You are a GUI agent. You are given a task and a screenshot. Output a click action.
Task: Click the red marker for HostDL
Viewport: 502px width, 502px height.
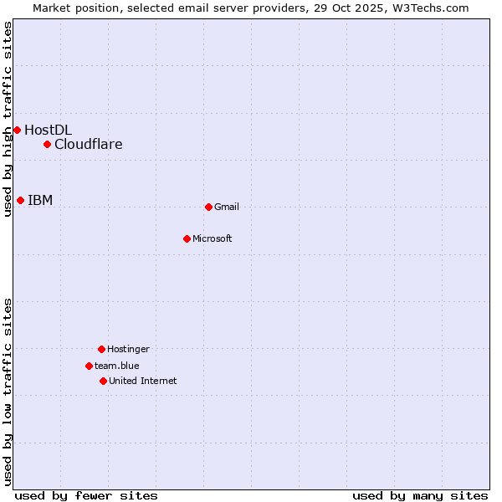[17, 130]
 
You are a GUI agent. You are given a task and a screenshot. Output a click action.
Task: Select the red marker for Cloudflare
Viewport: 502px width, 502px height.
[47, 144]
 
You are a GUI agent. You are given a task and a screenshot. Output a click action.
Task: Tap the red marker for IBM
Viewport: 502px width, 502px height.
[20, 200]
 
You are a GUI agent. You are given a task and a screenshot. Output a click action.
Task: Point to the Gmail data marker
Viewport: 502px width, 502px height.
[208, 207]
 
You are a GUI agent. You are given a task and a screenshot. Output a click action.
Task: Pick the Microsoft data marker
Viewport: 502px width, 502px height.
[187, 238]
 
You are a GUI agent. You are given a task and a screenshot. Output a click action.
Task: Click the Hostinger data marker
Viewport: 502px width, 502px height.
[101, 349]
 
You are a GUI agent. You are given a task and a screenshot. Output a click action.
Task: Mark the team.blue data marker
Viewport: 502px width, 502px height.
[89, 366]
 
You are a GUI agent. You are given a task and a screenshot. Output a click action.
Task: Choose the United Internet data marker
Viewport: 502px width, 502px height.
[103, 381]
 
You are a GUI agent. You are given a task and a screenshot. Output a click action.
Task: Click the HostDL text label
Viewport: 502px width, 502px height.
[48, 130]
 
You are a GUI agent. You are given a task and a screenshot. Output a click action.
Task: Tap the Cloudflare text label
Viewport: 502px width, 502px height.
[88, 144]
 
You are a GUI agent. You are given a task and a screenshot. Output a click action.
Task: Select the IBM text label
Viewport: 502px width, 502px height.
[40, 200]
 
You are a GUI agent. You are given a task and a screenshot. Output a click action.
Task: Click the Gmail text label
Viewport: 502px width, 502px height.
[227, 207]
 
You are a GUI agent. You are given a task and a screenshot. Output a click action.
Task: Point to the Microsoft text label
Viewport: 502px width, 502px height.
[213, 238]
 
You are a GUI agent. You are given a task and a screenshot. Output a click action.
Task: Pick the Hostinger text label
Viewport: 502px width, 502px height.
[128, 349]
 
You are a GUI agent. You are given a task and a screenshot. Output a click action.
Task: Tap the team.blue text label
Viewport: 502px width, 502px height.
[117, 366]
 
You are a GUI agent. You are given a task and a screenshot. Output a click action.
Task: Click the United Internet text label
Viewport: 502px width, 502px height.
[143, 381]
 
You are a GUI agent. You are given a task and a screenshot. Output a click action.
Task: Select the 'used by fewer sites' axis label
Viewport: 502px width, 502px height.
[86, 495]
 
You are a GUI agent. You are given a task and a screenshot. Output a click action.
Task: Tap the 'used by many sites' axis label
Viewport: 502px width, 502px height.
[420, 495]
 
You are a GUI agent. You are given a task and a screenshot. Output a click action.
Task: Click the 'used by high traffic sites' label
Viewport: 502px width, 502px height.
[8, 119]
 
